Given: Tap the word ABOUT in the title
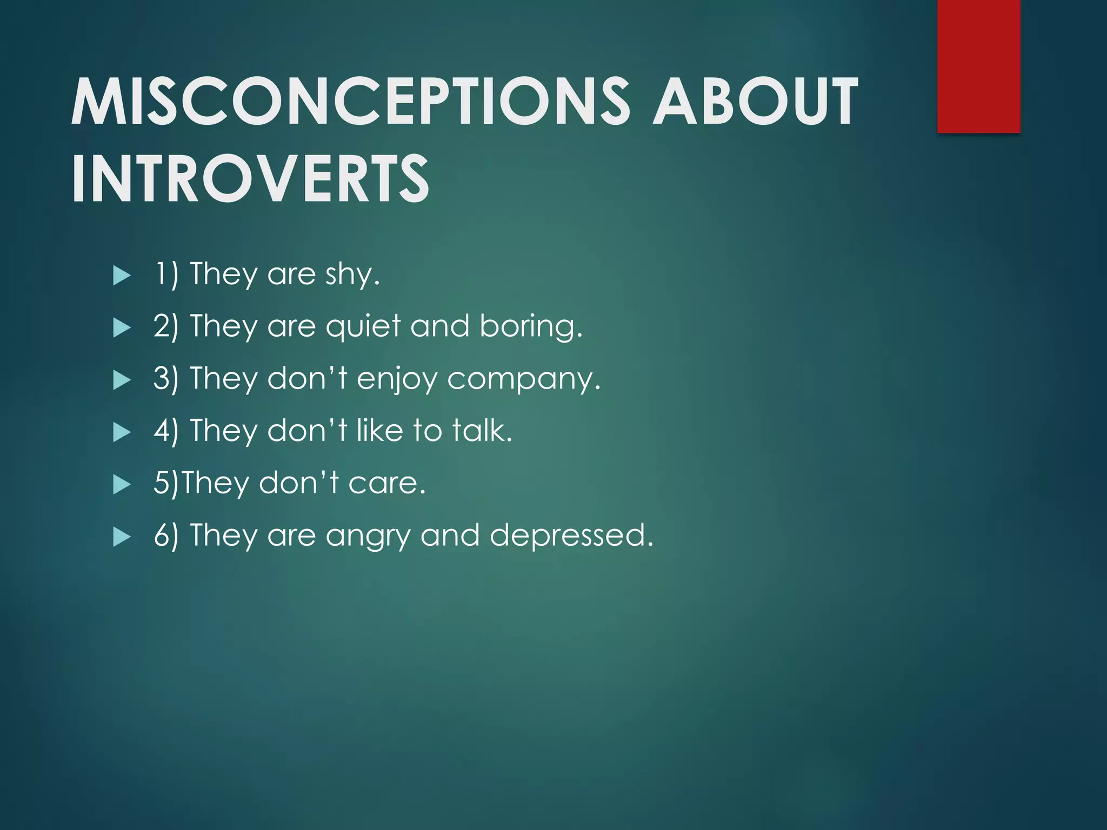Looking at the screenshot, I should pyautogui.click(x=755, y=101).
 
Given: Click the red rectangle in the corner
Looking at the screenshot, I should pyautogui.click(x=978, y=66).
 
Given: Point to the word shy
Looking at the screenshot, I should pyautogui.click(x=352, y=275).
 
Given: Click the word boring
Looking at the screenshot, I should pyautogui.click(x=531, y=327).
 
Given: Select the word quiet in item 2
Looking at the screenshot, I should pyautogui.click(x=363, y=327).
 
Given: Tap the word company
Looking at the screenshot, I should pyautogui.click(x=523, y=379).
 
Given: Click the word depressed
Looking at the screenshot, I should pyautogui.click(x=571, y=535).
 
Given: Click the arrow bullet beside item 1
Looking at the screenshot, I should pyautogui.click(x=122, y=276).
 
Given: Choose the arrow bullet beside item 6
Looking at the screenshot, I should pyautogui.click(x=122, y=537).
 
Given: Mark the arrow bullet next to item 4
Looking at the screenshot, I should pyautogui.click(x=122, y=432).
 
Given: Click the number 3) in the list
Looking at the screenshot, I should pyautogui.click(x=165, y=378).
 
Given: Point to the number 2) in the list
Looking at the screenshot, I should pyautogui.click(x=165, y=326).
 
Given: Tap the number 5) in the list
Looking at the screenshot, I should pyautogui.click(x=165, y=483).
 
